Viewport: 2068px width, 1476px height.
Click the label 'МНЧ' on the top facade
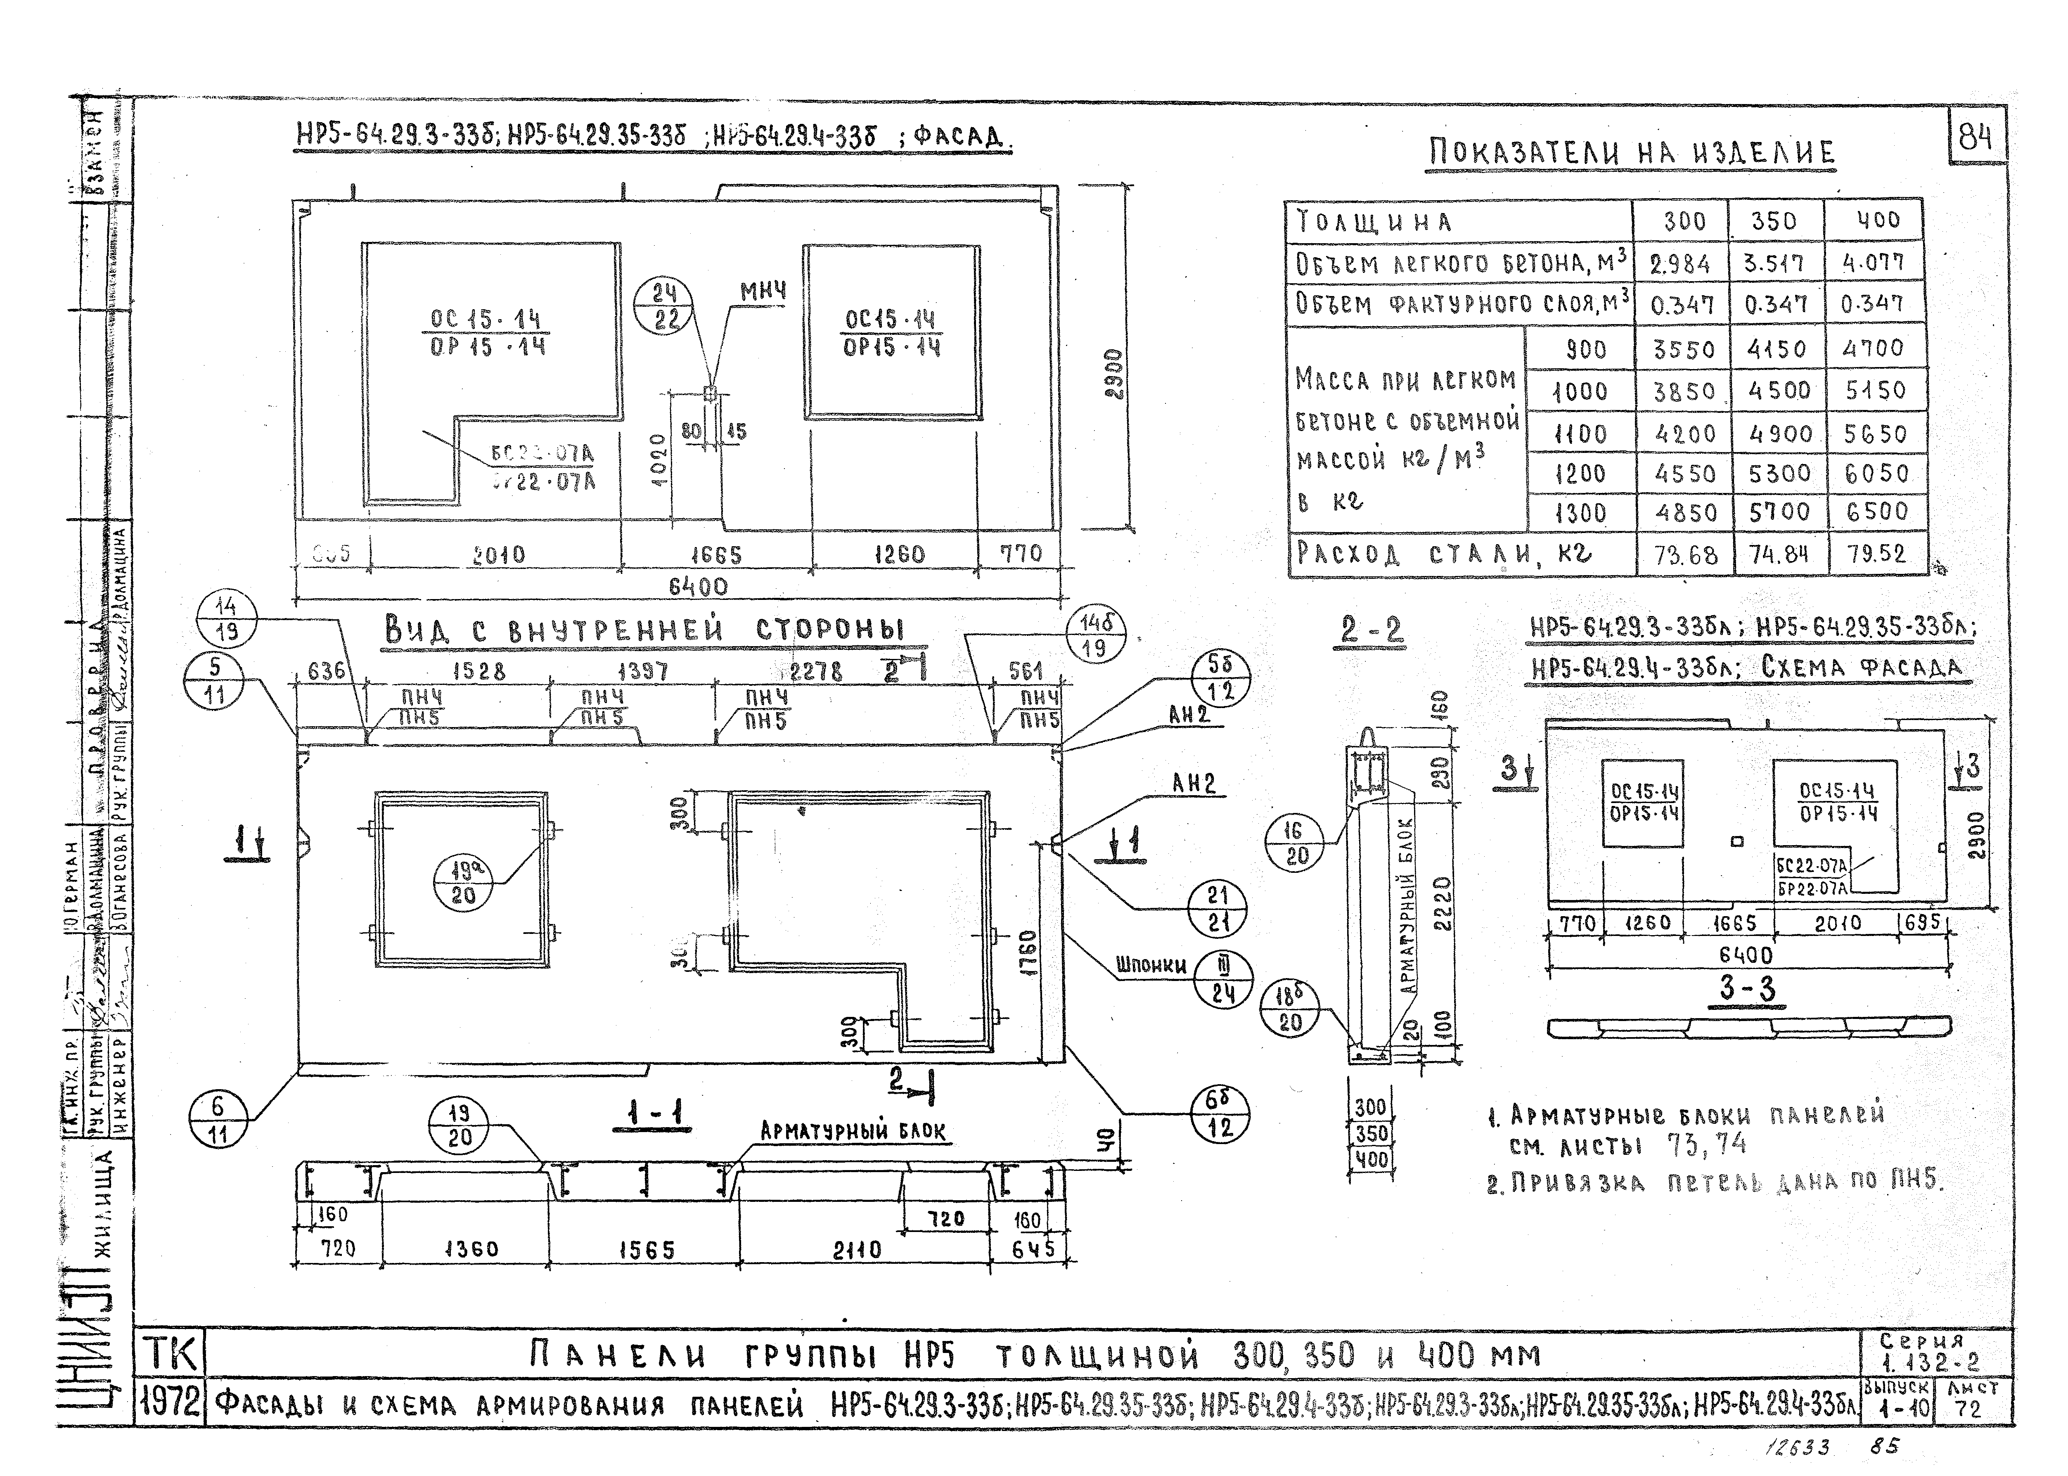tap(762, 291)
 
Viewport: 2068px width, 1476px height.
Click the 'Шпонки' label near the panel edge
tap(1150, 966)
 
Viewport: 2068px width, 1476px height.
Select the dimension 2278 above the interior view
tap(816, 672)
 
